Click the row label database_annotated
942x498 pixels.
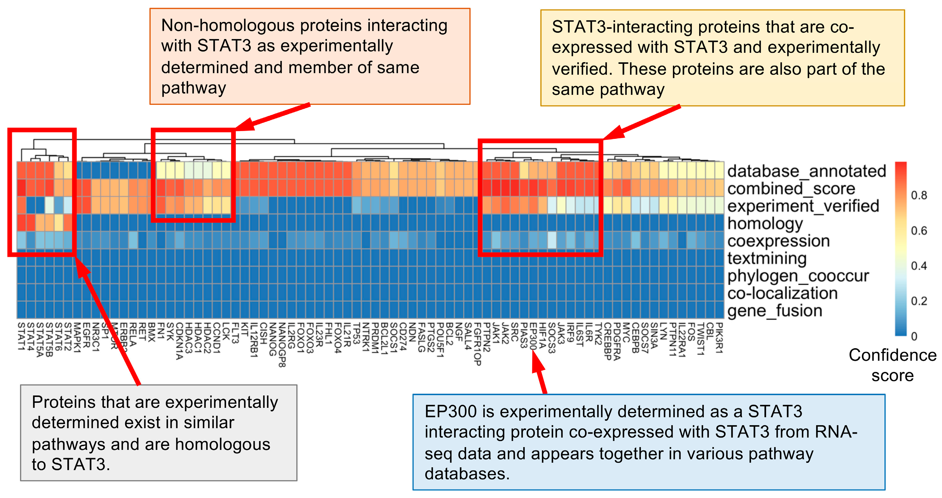coord(806,171)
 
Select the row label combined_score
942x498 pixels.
coord(791,188)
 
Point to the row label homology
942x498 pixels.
coord(765,223)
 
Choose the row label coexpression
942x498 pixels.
coord(778,241)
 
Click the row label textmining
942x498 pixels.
coord(766,258)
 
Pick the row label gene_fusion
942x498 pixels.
coord(774,311)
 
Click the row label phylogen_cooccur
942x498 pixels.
coord(798,276)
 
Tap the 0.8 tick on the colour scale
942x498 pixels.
coord(919,195)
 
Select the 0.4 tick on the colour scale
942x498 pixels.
coord(919,265)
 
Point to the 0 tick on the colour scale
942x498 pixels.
coord(914,336)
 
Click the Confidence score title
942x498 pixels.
coord(892,365)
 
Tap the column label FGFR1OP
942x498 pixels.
coord(478,344)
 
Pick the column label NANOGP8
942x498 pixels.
coord(282,345)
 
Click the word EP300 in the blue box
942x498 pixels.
coord(450,412)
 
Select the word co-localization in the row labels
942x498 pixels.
coord(782,293)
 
